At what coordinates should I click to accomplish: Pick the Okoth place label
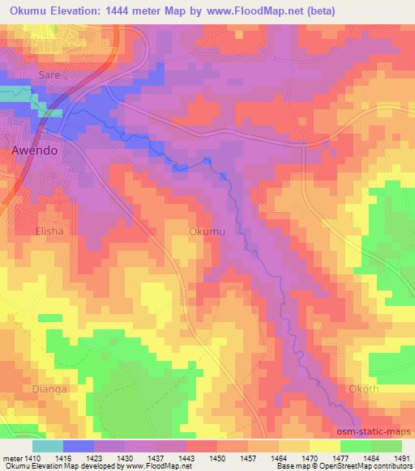[x=382, y=388]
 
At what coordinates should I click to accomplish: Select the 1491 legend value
[x=400, y=456]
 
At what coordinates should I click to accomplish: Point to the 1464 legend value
[x=278, y=456]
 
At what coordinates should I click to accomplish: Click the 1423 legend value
[x=94, y=456]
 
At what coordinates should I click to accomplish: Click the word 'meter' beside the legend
[x=11, y=456]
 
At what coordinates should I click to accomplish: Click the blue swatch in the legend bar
[x=78, y=445]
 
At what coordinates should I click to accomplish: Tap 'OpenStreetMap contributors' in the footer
[x=362, y=466]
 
